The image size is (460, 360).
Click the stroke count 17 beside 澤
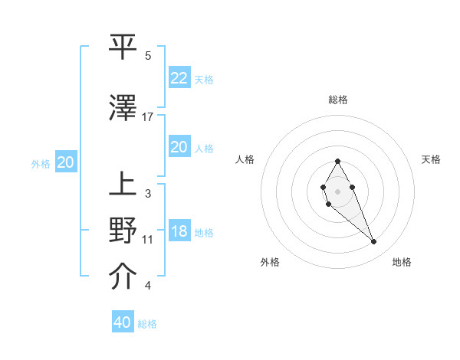pos(148,117)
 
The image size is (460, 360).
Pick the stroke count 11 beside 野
pos(148,240)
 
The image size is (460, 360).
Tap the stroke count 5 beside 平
pos(148,56)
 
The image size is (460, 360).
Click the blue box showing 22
pos(179,77)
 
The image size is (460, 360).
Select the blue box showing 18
pos(179,231)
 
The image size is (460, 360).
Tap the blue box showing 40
pos(123,322)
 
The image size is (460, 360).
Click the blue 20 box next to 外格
pos(66,162)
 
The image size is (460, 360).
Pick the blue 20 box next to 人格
pos(179,147)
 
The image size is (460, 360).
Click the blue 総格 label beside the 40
pos(147,324)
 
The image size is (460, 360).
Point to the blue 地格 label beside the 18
pos(204,233)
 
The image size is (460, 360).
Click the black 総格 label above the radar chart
pos(338,100)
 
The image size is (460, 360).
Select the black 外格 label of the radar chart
pos(270,262)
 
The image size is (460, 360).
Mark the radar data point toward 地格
pos(374,242)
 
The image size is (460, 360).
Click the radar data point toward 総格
pos(338,162)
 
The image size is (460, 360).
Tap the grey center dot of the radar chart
pos(338,191)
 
